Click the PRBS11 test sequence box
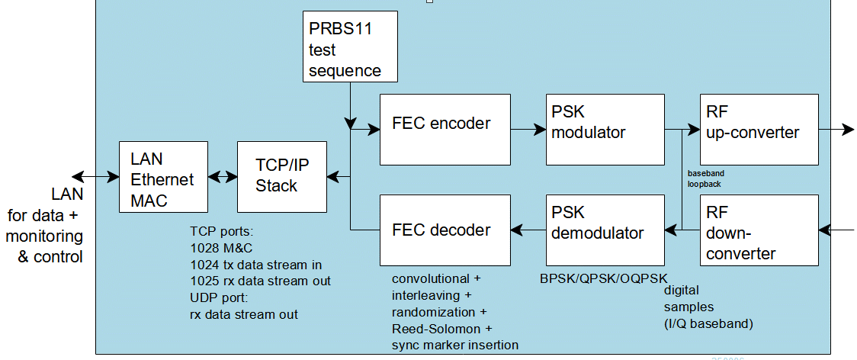click(x=350, y=47)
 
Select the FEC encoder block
click(x=445, y=130)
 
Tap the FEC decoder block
click(x=445, y=230)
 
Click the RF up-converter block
click(x=759, y=130)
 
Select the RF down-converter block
click(x=759, y=230)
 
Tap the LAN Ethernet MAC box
click(x=164, y=176)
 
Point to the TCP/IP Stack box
click(x=281, y=176)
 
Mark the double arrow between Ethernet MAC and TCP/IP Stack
click(x=223, y=177)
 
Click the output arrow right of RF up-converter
click(x=836, y=130)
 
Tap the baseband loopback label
click(x=705, y=178)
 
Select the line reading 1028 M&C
click(x=222, y=248)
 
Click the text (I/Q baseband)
click(x=708, y=323)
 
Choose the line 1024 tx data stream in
click(x=255, y=265)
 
